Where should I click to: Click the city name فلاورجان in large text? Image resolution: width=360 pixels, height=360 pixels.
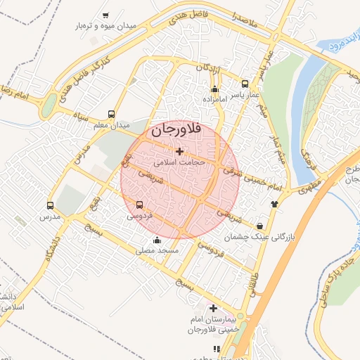coord(176,130)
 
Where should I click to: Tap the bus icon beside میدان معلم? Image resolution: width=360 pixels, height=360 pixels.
coord(111,114)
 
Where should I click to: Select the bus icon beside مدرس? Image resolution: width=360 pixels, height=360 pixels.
coord(50,205)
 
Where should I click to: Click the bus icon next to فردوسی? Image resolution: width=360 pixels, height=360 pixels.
coord(138,205)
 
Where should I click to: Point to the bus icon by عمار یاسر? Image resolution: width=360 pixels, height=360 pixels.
coord(245,82)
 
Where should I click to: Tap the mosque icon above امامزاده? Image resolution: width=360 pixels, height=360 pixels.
coord(215,89)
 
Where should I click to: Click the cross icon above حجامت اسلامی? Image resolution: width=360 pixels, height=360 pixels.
coord(179,151)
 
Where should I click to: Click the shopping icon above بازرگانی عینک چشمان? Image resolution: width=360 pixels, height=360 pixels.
coord(261,226)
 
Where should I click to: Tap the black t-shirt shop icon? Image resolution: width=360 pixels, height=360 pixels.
coord(274,203)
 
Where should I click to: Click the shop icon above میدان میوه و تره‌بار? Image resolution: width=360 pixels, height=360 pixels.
coord(105,15)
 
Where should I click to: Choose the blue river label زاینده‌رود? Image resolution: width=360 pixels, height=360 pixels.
coord(341,44)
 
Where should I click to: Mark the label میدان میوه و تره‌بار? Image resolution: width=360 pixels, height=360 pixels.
coord(105,26)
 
